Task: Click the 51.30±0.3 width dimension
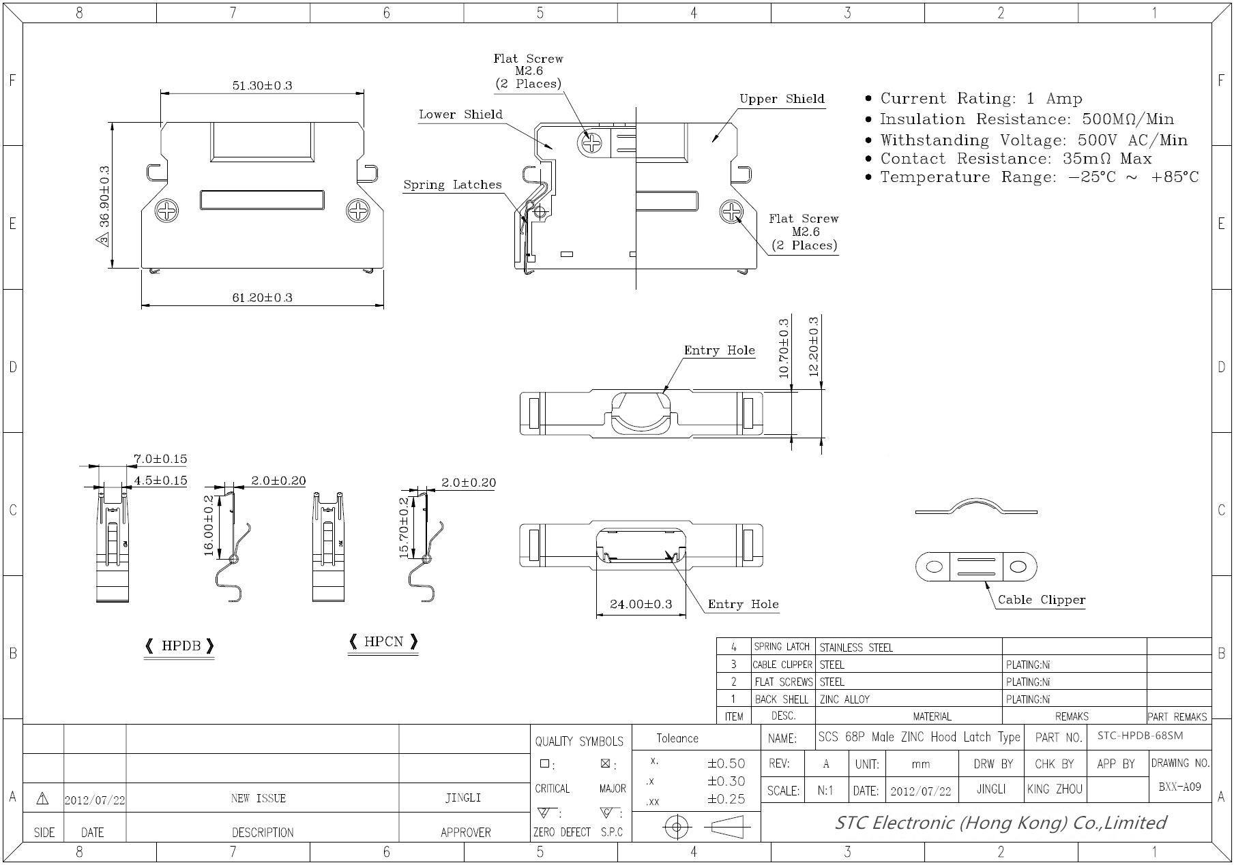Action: coord(262,85)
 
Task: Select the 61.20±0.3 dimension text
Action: coord(262,297)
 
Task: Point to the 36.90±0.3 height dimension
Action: coord(104,207)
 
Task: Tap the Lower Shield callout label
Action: coord(460,115)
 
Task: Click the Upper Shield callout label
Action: coord(782,99)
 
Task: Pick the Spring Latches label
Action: coord(452,185)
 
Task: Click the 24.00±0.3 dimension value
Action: coord(641,604)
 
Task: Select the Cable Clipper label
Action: coord(1041,600)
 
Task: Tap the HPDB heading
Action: coord(180,646)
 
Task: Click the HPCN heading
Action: coord(383,641)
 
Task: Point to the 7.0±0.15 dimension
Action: coord(160,459)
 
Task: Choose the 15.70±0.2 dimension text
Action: coord(404,528)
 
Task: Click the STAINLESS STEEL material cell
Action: coord(856,648)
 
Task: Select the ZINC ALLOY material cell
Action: coord(844,699)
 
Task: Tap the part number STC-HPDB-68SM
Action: coord(1140,735)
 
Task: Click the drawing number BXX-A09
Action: coord(1179,787)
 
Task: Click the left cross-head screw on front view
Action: coord(167,211)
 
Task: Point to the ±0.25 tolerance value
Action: coord(726,799)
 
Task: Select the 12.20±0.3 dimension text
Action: coord(813,346)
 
